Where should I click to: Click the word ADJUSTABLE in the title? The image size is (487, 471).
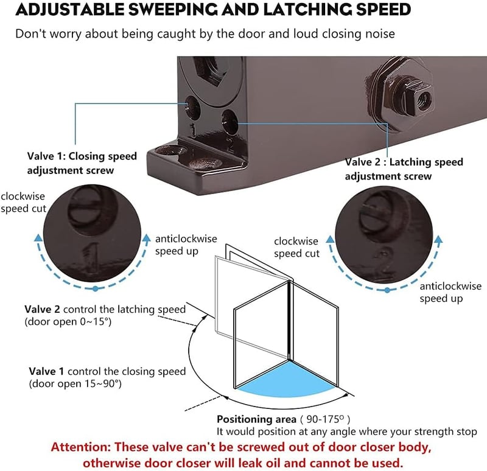70,9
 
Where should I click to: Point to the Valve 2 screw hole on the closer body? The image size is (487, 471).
229,121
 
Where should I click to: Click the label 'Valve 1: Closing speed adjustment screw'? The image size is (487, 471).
82,163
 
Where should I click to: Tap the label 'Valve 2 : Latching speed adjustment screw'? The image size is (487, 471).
404,169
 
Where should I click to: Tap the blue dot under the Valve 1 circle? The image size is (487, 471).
96,289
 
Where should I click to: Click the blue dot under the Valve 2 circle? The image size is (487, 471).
387,290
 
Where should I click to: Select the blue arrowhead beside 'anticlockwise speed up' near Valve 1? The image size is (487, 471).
146,238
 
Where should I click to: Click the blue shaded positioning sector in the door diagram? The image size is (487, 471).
287,381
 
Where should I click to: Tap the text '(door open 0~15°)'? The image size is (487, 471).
68,322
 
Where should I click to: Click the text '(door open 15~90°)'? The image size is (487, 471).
75,384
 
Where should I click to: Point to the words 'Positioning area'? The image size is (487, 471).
256,419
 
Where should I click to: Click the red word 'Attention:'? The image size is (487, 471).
81,447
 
